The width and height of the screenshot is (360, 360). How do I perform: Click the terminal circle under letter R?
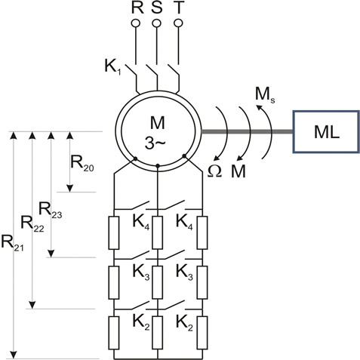136,23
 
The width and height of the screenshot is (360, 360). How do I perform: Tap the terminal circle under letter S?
157,23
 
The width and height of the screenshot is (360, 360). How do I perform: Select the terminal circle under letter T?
178,23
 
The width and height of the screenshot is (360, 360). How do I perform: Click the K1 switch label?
113,67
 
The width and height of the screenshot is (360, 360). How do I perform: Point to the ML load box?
326,131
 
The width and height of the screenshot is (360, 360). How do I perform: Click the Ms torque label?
265,95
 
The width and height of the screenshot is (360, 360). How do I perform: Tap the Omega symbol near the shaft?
214,171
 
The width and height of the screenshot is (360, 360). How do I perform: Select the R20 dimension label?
82,163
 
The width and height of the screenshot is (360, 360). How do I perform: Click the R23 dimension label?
51,210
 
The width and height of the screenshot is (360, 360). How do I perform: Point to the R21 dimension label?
12,243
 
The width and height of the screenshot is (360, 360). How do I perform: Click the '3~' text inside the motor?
155,144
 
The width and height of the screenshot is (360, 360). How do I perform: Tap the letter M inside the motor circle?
158,123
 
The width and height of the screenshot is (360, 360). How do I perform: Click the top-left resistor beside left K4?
114,232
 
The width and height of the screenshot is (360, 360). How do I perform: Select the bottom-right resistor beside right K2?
202,333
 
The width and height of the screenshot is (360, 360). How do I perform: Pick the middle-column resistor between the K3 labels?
158,282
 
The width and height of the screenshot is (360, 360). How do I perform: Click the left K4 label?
141,223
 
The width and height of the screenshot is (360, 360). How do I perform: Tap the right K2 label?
184,322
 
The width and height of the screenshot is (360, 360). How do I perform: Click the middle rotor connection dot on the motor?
158,165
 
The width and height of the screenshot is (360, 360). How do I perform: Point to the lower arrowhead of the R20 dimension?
69,189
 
